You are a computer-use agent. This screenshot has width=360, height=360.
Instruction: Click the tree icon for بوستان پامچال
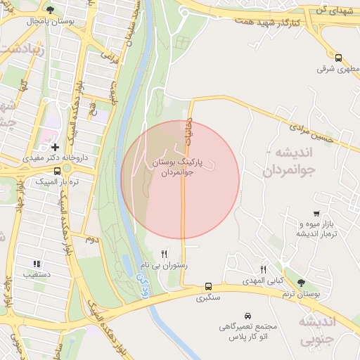click(50, 10)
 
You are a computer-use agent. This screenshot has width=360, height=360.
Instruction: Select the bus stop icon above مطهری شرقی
click(338, 58)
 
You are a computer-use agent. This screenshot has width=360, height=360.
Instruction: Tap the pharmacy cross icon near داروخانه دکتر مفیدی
click(55, 147)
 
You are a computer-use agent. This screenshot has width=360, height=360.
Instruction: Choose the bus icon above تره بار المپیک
click(57, 171)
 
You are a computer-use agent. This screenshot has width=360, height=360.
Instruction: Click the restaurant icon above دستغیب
click(37, 264)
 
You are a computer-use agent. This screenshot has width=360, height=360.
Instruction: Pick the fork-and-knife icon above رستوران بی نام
click(165, 254)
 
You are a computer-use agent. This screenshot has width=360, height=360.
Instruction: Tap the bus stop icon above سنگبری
click(208, 286)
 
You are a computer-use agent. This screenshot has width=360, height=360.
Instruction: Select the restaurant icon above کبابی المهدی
click(263, 269)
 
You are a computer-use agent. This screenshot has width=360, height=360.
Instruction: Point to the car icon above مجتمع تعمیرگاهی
click(247, 316)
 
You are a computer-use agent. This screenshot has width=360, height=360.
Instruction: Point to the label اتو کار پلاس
click(247, 338)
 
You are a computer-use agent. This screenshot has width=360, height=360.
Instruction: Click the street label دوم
click(91, 239)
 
